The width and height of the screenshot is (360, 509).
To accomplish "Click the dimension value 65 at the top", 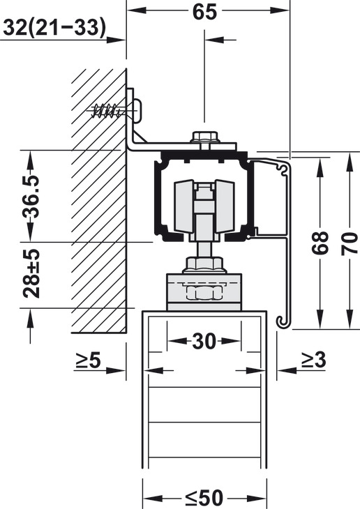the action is pos(204,12).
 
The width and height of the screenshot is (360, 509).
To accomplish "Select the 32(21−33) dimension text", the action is pos(54,27).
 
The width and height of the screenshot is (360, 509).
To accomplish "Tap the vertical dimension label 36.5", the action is pos(31,197).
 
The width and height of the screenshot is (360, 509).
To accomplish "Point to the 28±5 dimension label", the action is pos(31,273).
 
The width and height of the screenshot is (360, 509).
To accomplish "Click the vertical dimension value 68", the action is pos(320,243).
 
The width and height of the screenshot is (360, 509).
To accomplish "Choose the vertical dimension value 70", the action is pos(350,244).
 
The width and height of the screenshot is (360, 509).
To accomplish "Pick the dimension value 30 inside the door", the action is pos(204,341).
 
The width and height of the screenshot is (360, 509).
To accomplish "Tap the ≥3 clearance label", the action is pos(313,360).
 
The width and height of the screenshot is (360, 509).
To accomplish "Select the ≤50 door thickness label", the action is pos(204,497).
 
